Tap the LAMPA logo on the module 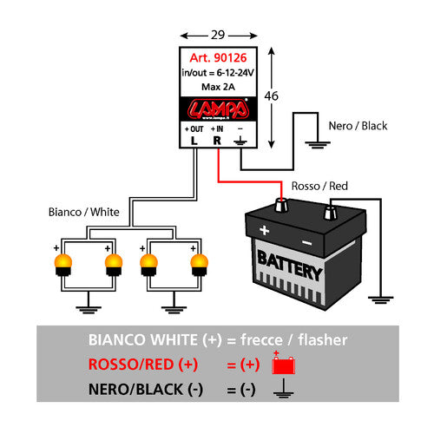pos(217,110)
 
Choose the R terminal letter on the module pos(218,139)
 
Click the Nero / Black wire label pos(358,125)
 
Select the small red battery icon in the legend pos(284,365)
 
